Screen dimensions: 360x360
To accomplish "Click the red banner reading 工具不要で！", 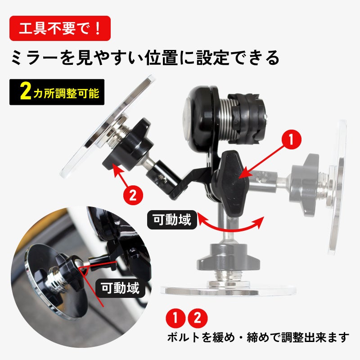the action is coord(60,28).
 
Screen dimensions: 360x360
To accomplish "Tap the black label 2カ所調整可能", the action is coord(57,92).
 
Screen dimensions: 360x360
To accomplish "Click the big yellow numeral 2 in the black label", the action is coord(26,92).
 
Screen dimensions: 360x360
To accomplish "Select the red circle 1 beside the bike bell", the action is coord(291,139).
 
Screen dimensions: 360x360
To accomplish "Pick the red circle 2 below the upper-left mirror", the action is coord(133,196).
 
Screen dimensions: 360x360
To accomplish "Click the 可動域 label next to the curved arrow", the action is coord(172,220).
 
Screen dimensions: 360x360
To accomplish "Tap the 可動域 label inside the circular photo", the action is coord(120,288).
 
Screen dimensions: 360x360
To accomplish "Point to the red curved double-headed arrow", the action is coord(230,229).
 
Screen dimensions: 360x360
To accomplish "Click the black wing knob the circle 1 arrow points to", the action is coord(230,183).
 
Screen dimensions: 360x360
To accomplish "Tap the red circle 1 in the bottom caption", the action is coord(175,318).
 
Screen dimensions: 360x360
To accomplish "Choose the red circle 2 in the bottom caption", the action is coord(198,318).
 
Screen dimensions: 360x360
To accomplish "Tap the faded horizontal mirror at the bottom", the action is coord(228,290).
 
